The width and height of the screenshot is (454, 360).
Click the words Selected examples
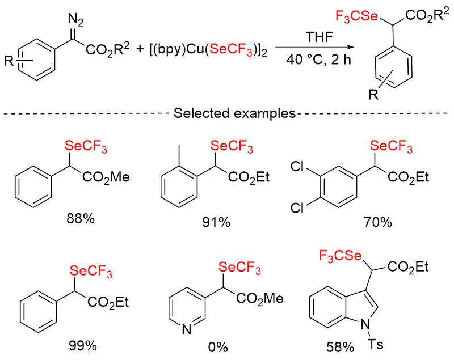coord(226,112)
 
